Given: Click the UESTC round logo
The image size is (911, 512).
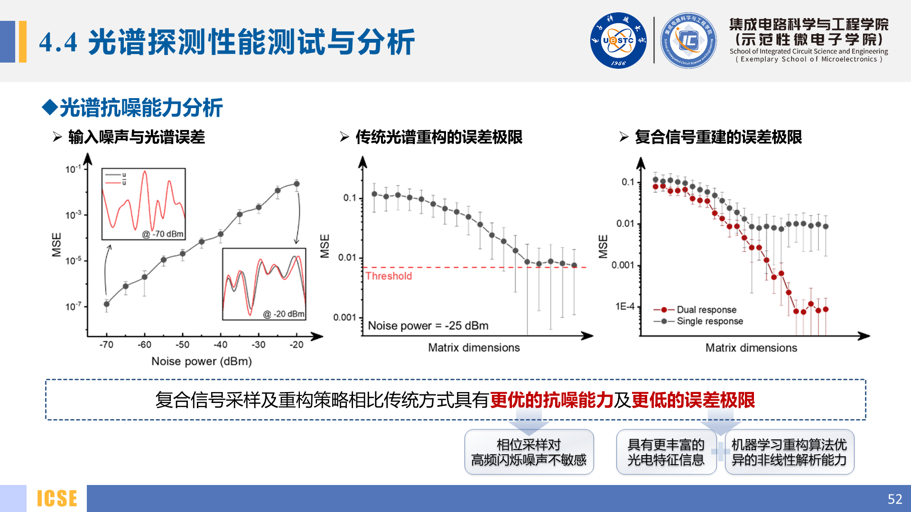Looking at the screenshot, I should tap(618, 41).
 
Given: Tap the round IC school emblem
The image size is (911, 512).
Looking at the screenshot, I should tap(688, 41).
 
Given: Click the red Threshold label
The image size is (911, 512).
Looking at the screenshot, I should tap(389, 276).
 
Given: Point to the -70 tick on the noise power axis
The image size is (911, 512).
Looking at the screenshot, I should tap(106, 345).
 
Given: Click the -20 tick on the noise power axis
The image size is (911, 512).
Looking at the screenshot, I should tap(297, 345).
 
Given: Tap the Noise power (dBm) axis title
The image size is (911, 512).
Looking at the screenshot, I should tap(202, 361).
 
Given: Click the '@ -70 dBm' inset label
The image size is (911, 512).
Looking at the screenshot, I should tap(163, 234).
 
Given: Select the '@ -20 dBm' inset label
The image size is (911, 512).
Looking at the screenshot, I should tap(284, 314).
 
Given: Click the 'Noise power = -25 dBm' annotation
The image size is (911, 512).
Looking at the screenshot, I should tap(428, 326).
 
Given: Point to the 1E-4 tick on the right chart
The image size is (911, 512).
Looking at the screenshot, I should tap(625, 307).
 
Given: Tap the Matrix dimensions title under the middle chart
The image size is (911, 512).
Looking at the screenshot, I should tap(474, 347).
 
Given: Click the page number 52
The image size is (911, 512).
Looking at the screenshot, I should tap(894, 499).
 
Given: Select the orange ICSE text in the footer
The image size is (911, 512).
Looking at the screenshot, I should tap(57, 499).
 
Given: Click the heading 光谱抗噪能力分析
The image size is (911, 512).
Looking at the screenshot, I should tap(141, 108).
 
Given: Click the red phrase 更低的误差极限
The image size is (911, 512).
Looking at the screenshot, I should tap(693, 400).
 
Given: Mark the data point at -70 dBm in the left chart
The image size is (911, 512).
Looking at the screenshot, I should tap(107, 304).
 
